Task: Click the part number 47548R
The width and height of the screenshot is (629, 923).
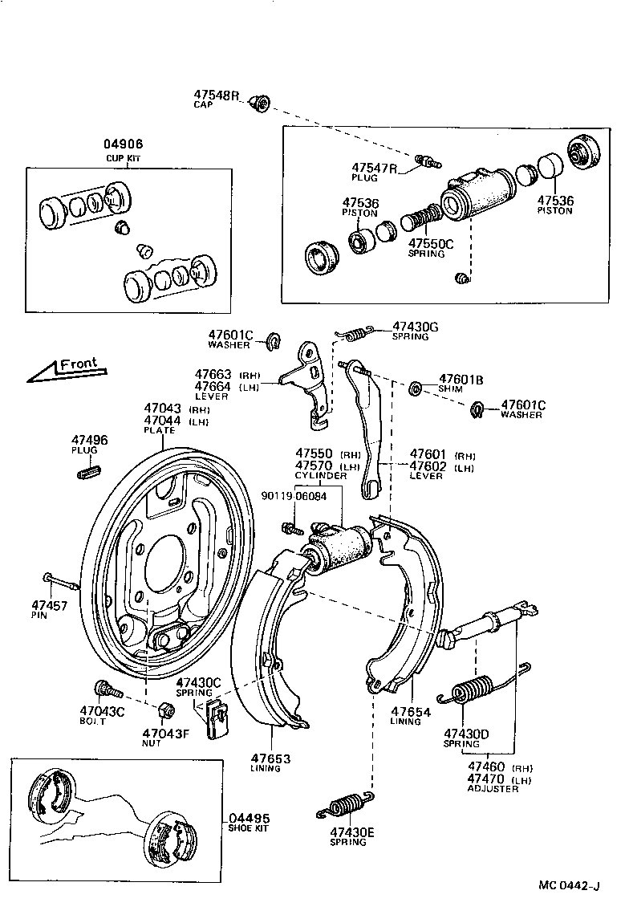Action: (x=217, y=95)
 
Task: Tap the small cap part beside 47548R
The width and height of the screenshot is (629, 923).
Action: (x=260, y=103)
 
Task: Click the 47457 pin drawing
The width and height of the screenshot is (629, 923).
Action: (x=61, y=581)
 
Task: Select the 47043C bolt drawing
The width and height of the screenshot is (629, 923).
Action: (x=107, y=689)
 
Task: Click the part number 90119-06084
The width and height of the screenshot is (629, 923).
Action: (x=294, y=495)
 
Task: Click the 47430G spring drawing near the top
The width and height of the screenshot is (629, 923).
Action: (x=354, y=330)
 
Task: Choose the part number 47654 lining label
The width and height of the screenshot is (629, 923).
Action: (x=411, y=711)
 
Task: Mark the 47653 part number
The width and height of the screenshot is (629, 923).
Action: (x=270, y=758)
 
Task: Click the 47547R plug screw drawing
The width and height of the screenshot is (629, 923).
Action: (x=428, y=161)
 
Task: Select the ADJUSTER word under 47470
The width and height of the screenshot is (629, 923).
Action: (x=493, y=788)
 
